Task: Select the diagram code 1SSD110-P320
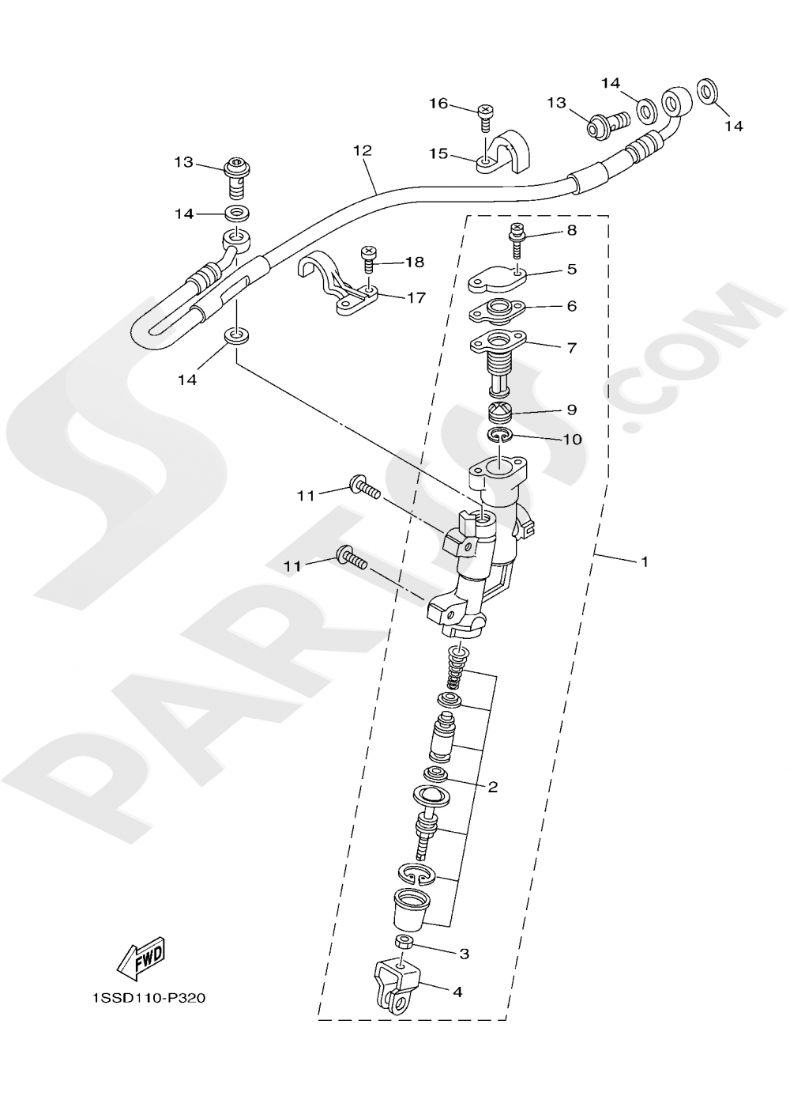(x=148, y=998)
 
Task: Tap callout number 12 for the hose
(x=363, y=150)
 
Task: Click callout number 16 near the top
(x=438, y=104)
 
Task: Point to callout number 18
(x=415, y=262)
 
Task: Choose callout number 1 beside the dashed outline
(x=645, y=561)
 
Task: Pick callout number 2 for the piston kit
(x=492, y=787)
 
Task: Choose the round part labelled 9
(x=499, y=413)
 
